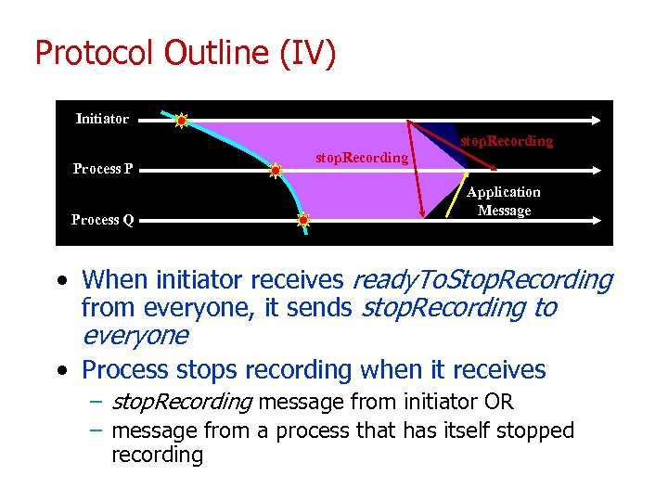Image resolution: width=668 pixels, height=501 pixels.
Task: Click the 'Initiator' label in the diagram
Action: (102, 119)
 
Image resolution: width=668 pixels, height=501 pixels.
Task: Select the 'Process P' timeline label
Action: (103, 169)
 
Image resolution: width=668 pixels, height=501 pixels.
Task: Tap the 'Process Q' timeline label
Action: (103, 220)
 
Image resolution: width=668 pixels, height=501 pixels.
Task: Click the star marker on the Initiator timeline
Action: (182, 120)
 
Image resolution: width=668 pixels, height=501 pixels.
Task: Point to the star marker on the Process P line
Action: (276, 171)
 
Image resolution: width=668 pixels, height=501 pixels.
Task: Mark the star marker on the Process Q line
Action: (303, 221)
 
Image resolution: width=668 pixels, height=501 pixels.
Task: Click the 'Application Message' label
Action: (503, 201)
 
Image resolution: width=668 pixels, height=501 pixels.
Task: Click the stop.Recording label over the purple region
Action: (361, 158)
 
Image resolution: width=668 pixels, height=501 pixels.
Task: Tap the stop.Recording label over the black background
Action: (507, 141)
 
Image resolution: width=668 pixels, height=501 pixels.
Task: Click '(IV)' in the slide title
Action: (306, 53)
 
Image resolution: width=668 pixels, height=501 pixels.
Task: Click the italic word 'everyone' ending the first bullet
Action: (135, 335)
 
